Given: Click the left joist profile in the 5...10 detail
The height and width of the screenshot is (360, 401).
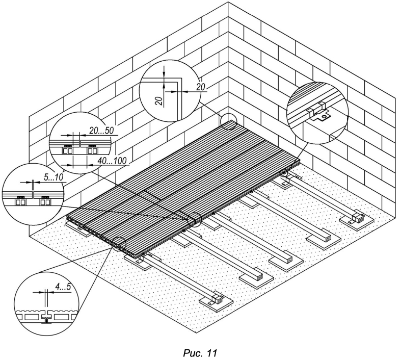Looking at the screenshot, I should tap(20, 202).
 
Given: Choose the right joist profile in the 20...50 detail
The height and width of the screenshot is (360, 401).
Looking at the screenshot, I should tap(93, 151).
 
